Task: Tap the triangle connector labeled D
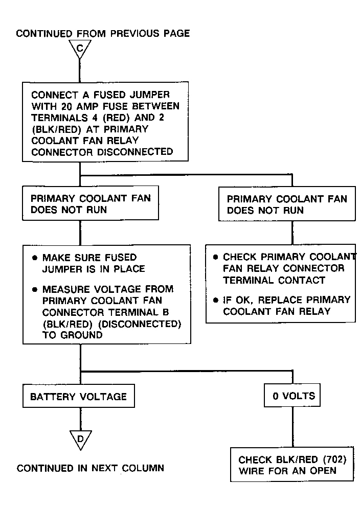tap(80, 440)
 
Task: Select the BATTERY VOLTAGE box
tap(79, 396)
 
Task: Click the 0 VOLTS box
tap(292, 395)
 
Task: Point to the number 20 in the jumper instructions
tap(66, 106)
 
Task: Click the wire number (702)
tap(334, 459)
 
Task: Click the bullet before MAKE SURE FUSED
tap(35, 258)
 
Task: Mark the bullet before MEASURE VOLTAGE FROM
tap(35, 289)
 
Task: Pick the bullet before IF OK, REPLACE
tap(216, 301)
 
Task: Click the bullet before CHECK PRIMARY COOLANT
tap(216, 258)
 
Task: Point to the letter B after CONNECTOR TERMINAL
tap(166, 312)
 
